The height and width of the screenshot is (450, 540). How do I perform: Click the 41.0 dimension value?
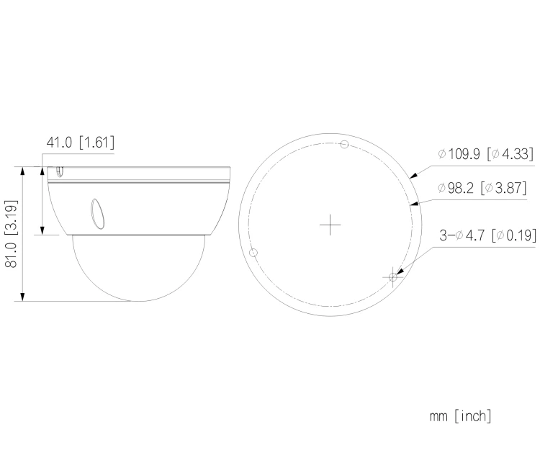pos(59,142)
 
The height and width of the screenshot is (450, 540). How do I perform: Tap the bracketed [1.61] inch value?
pos(96,142)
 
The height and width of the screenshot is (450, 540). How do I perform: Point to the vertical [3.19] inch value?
pos(11,217)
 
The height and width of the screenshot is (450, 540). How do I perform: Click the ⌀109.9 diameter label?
pos(459,153)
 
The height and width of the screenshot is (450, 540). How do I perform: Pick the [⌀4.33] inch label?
pos(510,153)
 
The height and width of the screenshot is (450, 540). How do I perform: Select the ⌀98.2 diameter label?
pos(456,188)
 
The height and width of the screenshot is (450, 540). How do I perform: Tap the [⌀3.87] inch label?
pos(504,188)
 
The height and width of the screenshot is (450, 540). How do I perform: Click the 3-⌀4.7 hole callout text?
pos(462,235)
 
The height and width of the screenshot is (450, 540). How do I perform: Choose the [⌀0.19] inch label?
pos(514,235)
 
